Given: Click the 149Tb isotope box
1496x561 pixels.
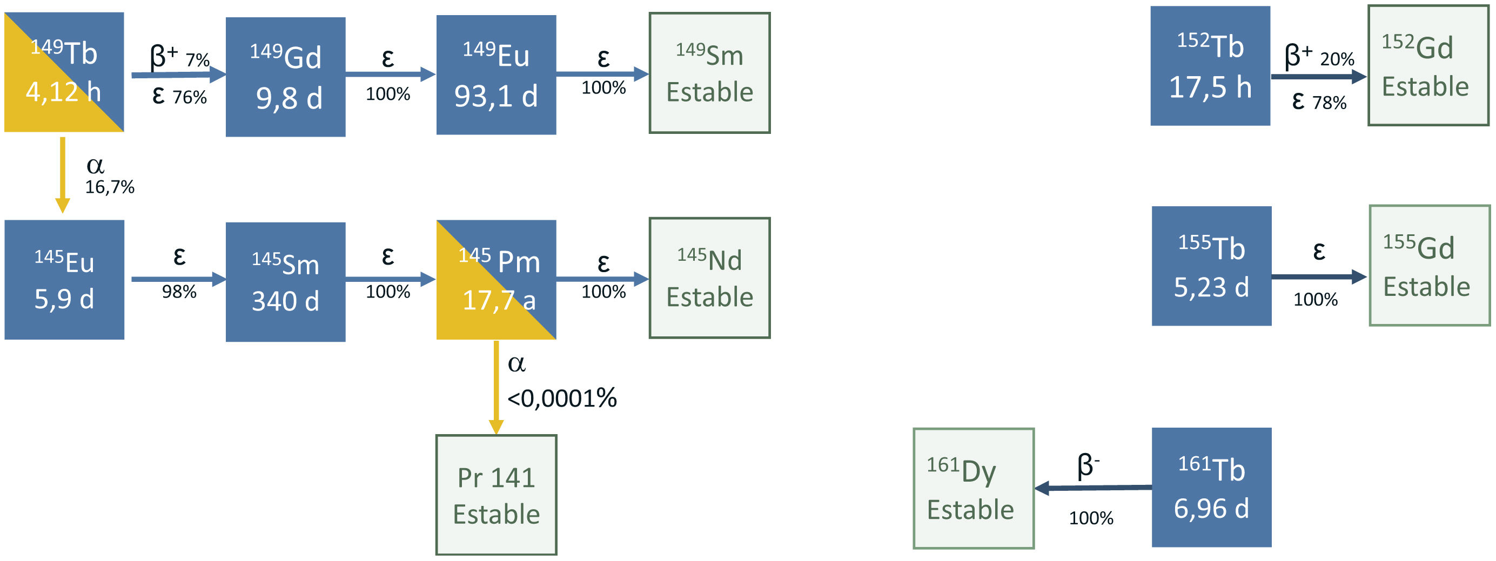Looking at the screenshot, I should [64, 72].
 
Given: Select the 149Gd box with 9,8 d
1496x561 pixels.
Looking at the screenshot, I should [285, 77].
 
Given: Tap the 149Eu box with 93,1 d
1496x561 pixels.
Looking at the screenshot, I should [496, 75].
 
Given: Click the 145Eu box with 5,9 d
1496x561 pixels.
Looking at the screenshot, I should [64, 280].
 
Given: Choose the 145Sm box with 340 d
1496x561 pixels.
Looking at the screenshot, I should [285, 282].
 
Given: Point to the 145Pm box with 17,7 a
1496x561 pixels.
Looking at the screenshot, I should [496, 280].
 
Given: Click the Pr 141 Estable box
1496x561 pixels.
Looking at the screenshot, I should [496, 495].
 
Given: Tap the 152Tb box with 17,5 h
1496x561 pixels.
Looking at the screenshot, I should [1210, 65].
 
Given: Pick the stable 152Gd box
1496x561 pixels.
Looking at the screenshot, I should [1428, 65].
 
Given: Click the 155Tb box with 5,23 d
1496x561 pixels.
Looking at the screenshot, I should [1211, 266].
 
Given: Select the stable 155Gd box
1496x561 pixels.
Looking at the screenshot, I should [1429, 266].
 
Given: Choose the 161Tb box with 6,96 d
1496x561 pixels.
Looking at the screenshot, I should [1211, 488].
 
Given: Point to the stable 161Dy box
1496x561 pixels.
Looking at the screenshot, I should [974, 489].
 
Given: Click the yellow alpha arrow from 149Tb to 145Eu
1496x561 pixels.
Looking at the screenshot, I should [63, 174].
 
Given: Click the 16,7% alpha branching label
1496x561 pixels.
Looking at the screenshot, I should [110, 187].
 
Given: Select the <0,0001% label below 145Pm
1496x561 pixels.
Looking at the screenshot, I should [561, 398].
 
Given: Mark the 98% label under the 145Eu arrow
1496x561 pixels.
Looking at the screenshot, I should [179, 291].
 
